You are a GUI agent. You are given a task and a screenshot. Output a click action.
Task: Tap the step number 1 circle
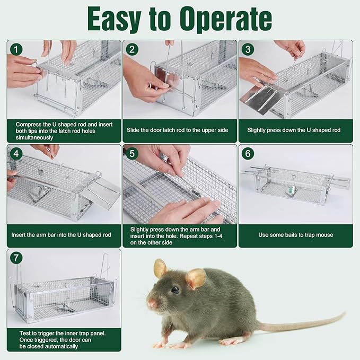point(17,50)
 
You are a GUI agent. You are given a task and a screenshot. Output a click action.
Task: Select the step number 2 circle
point(133,50)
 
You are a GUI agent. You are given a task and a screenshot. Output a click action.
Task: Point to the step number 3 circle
point(248,50)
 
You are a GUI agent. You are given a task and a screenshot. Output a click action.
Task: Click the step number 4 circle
point(17,154)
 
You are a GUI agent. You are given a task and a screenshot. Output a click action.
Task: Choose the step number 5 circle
point(133,154)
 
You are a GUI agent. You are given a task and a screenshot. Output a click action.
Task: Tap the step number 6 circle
point(248,154)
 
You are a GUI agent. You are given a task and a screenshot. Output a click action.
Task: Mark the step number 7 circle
point(17,258)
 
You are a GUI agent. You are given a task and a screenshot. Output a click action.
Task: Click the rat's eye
point(175,290)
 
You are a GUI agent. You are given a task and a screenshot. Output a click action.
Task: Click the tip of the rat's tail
point(344,314)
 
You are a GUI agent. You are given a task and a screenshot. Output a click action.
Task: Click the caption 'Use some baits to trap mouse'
point(295,234)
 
